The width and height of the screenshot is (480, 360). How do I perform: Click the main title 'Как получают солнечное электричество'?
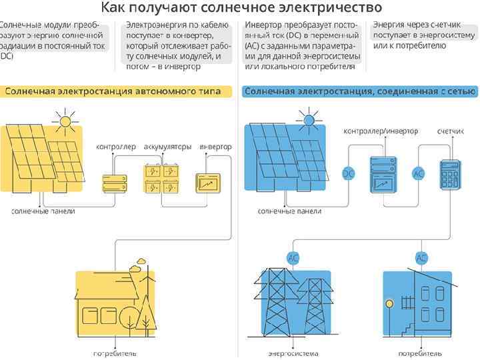(241, 8)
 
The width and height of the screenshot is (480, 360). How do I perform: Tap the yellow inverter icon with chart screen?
(208, 181)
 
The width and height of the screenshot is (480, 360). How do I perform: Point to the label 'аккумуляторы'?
(168, 146)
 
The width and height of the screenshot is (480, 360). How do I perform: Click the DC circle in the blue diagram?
(349, 173)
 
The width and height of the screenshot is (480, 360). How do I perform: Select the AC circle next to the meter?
(419, 173)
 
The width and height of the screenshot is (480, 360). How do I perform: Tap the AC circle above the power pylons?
(293, 257)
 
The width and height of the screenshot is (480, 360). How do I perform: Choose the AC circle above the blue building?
(421, 257)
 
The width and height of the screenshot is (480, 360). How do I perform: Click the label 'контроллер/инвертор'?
(381, 131)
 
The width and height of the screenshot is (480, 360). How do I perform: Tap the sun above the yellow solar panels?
(64, 122)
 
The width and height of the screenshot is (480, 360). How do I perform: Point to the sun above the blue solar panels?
(309, 121)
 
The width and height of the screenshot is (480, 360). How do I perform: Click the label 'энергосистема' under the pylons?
(293, 353)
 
